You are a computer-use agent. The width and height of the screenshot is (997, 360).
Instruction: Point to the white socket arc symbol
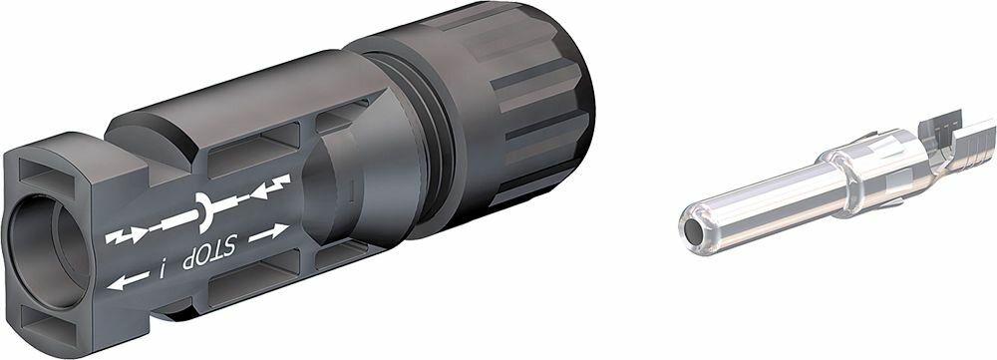tap(203, 210)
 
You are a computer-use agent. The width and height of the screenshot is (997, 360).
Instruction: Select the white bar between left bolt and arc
tap(173, 221)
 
